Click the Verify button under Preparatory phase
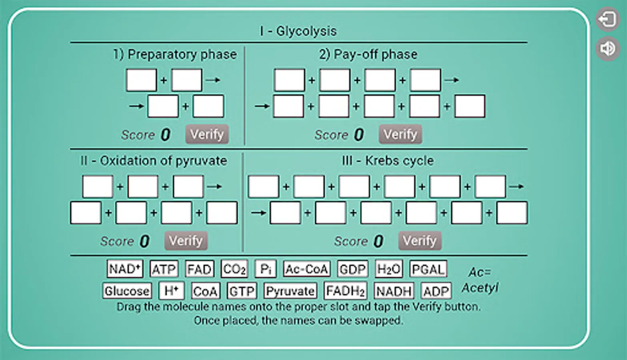tap(207, 134)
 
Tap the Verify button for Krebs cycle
tap(420, 240)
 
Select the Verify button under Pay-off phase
tap(400, 134)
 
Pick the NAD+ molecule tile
tap(125, 269)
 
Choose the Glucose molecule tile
tap(127, 291)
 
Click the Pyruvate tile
tap(290, 291)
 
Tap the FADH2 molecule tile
tap(345, 291)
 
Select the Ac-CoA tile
tap(307, 269)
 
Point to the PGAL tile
tap(428, 269)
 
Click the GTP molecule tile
tap(242, 291)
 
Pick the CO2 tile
tap(234, 269)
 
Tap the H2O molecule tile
tap(389, 269)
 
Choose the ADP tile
tap(436, 291)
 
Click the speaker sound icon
tap(608, 49)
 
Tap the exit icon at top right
tap(608, 19)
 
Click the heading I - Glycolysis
tap(298, 31)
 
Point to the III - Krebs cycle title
tap(388, 161)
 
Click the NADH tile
tap(394, 291)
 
